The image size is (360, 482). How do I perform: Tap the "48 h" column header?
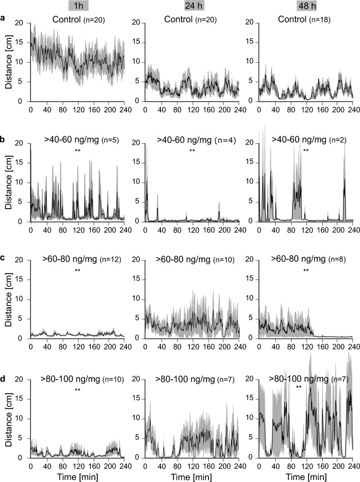[306, 6]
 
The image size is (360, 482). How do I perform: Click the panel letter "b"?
[4, 136]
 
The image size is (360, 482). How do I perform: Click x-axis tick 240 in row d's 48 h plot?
[352, 466]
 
